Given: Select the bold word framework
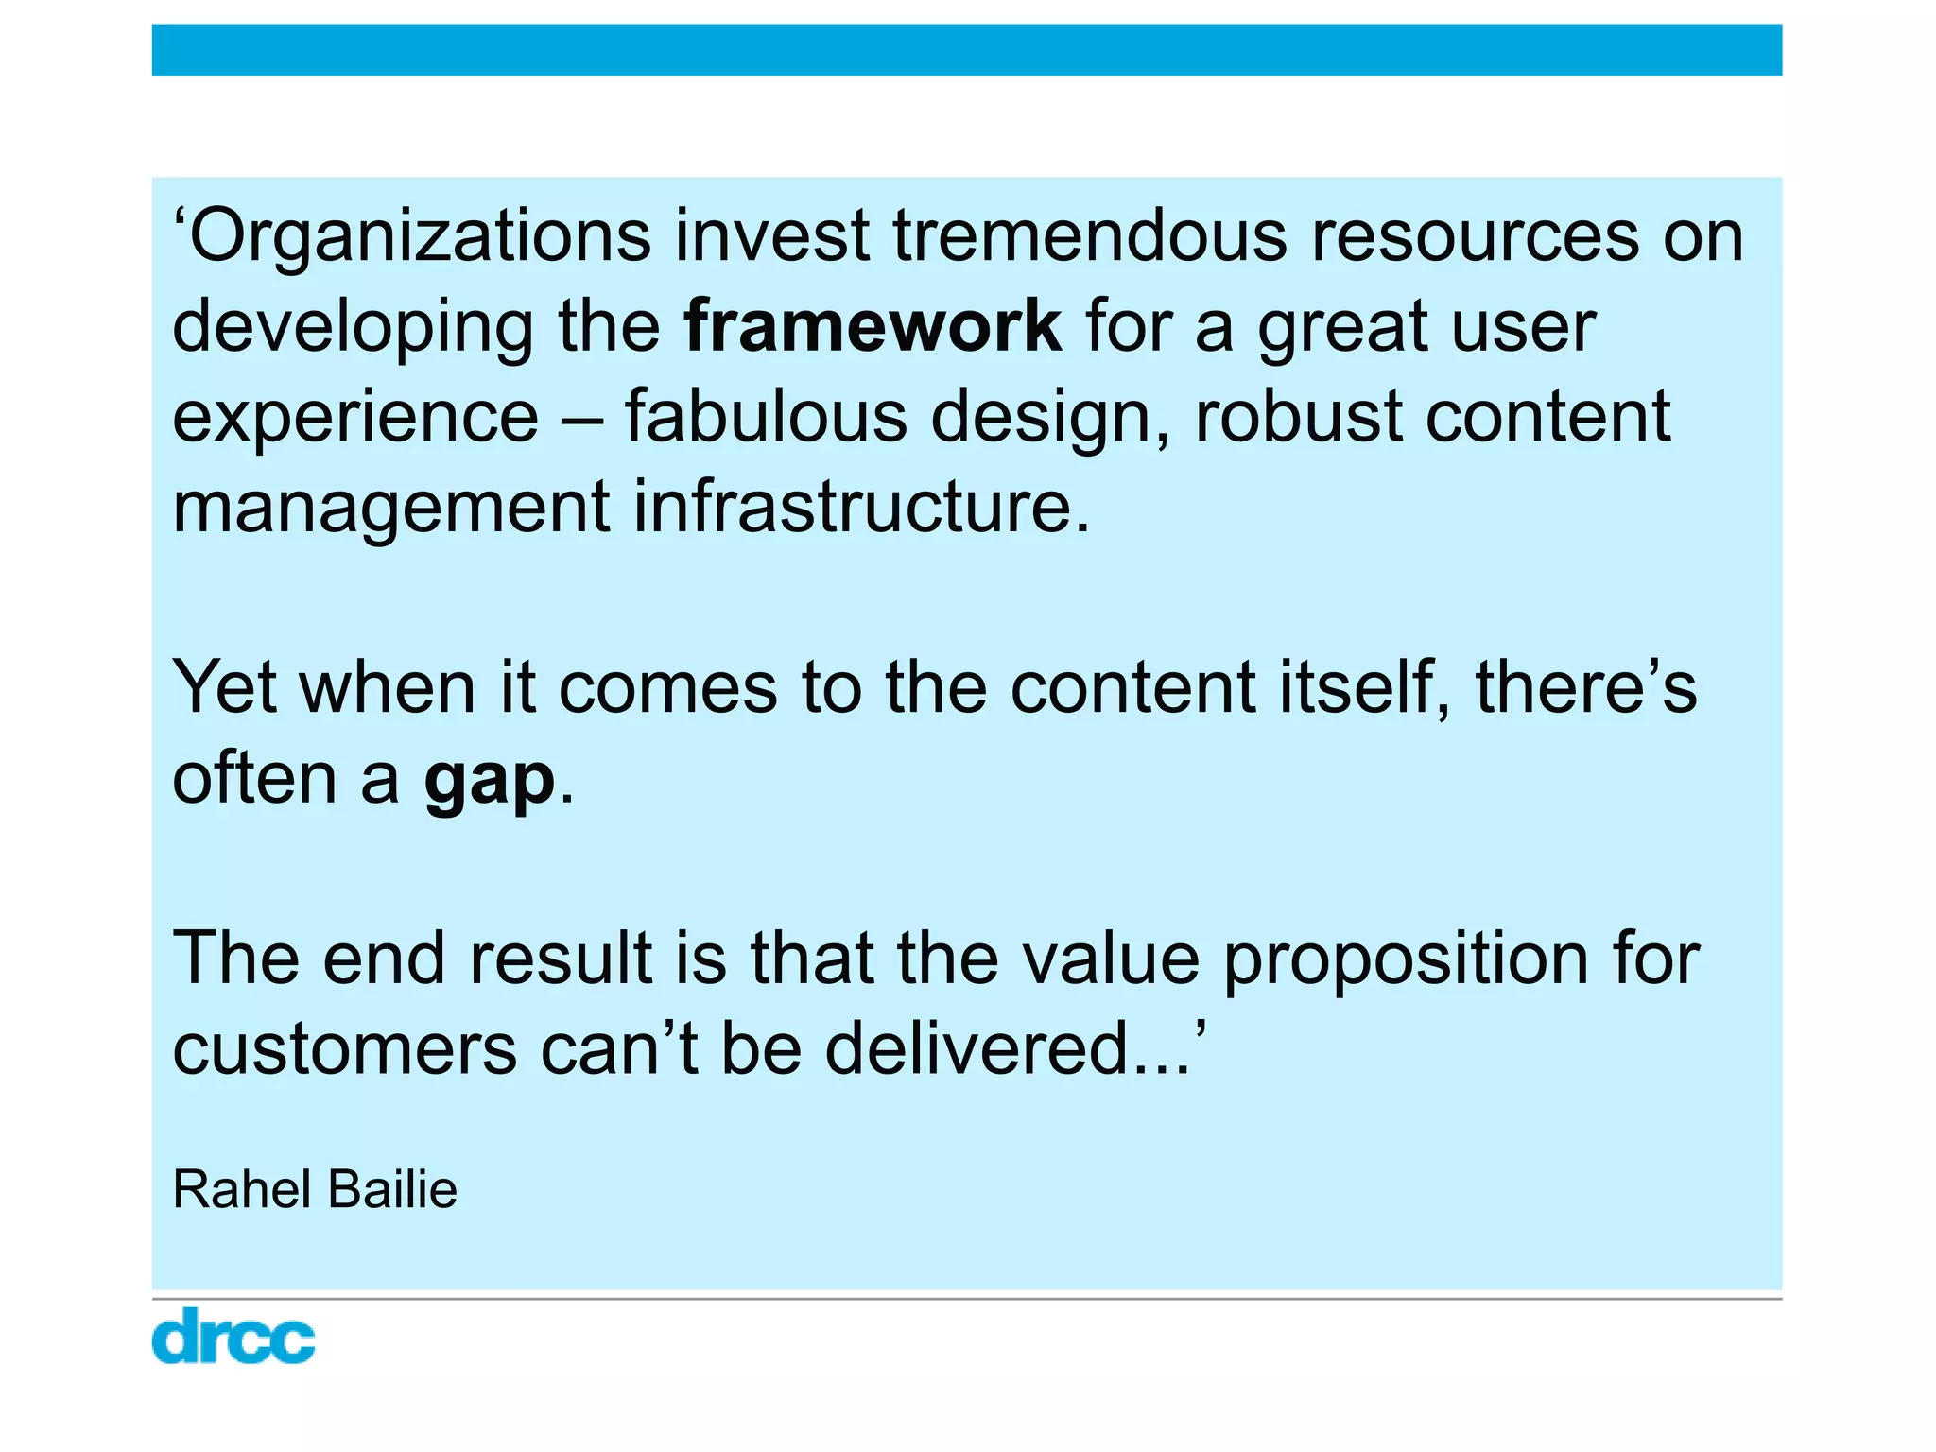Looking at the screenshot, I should click(x=873, y=326).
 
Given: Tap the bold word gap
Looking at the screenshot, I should click(x=489, y=780).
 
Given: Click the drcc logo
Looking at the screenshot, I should click(x=233, y=1336).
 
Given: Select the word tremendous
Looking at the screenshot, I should click(x=1090, y=236).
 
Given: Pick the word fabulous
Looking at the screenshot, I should click(x=765, y=416).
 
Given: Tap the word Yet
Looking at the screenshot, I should click(x=224, y=687).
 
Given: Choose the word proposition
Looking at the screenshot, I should click(x=1407, y=959).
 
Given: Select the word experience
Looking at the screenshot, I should click(x=355, y=418).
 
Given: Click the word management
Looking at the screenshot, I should click(x=390, y=509).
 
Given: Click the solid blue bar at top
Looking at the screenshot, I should click(x=966, y=50).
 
